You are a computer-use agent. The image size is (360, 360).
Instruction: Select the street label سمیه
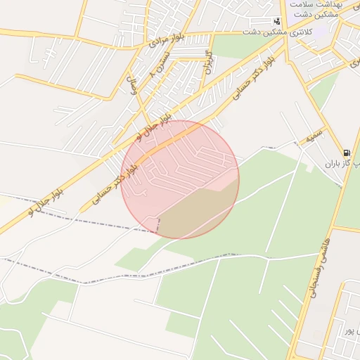pos(314,134)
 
